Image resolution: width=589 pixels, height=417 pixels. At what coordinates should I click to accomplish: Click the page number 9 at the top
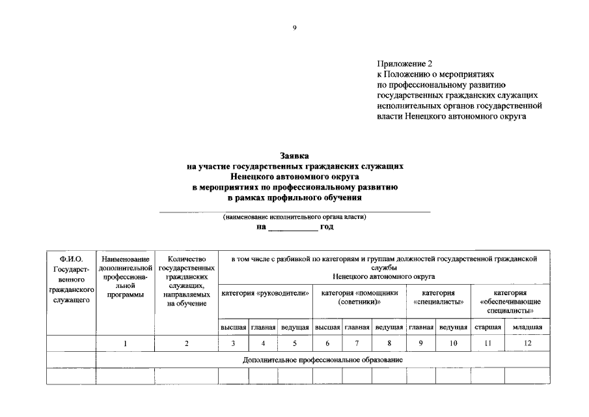(x=295, y=27)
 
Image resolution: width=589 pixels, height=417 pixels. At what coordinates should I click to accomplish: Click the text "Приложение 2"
(x=404, y=64)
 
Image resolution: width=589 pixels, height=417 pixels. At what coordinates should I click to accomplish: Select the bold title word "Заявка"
(x=295, y=156)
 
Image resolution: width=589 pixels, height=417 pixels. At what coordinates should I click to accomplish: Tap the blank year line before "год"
(x=294, y=227)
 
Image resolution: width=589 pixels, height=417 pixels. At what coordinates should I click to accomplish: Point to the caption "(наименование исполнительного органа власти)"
(x=294, y=217)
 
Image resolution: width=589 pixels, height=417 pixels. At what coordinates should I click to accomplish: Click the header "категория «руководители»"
(x=265, y=294)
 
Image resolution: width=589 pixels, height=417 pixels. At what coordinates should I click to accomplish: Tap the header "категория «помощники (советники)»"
(x=359, y=298)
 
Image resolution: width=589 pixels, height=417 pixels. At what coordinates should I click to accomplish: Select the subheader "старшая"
(x=487, y=327)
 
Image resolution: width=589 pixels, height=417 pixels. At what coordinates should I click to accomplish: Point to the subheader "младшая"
(x=527, y=327)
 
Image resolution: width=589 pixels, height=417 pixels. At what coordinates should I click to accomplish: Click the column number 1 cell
(x=125, y=343)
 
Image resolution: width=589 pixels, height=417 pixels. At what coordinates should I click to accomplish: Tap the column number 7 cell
(x=357, y=343)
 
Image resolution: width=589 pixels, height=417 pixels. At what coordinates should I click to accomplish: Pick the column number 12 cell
(x=527, y=343)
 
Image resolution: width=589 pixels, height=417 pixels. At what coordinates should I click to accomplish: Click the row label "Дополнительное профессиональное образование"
(x=323, y=360)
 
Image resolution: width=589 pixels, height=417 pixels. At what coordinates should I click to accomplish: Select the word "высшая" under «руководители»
(x=233, y=327)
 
